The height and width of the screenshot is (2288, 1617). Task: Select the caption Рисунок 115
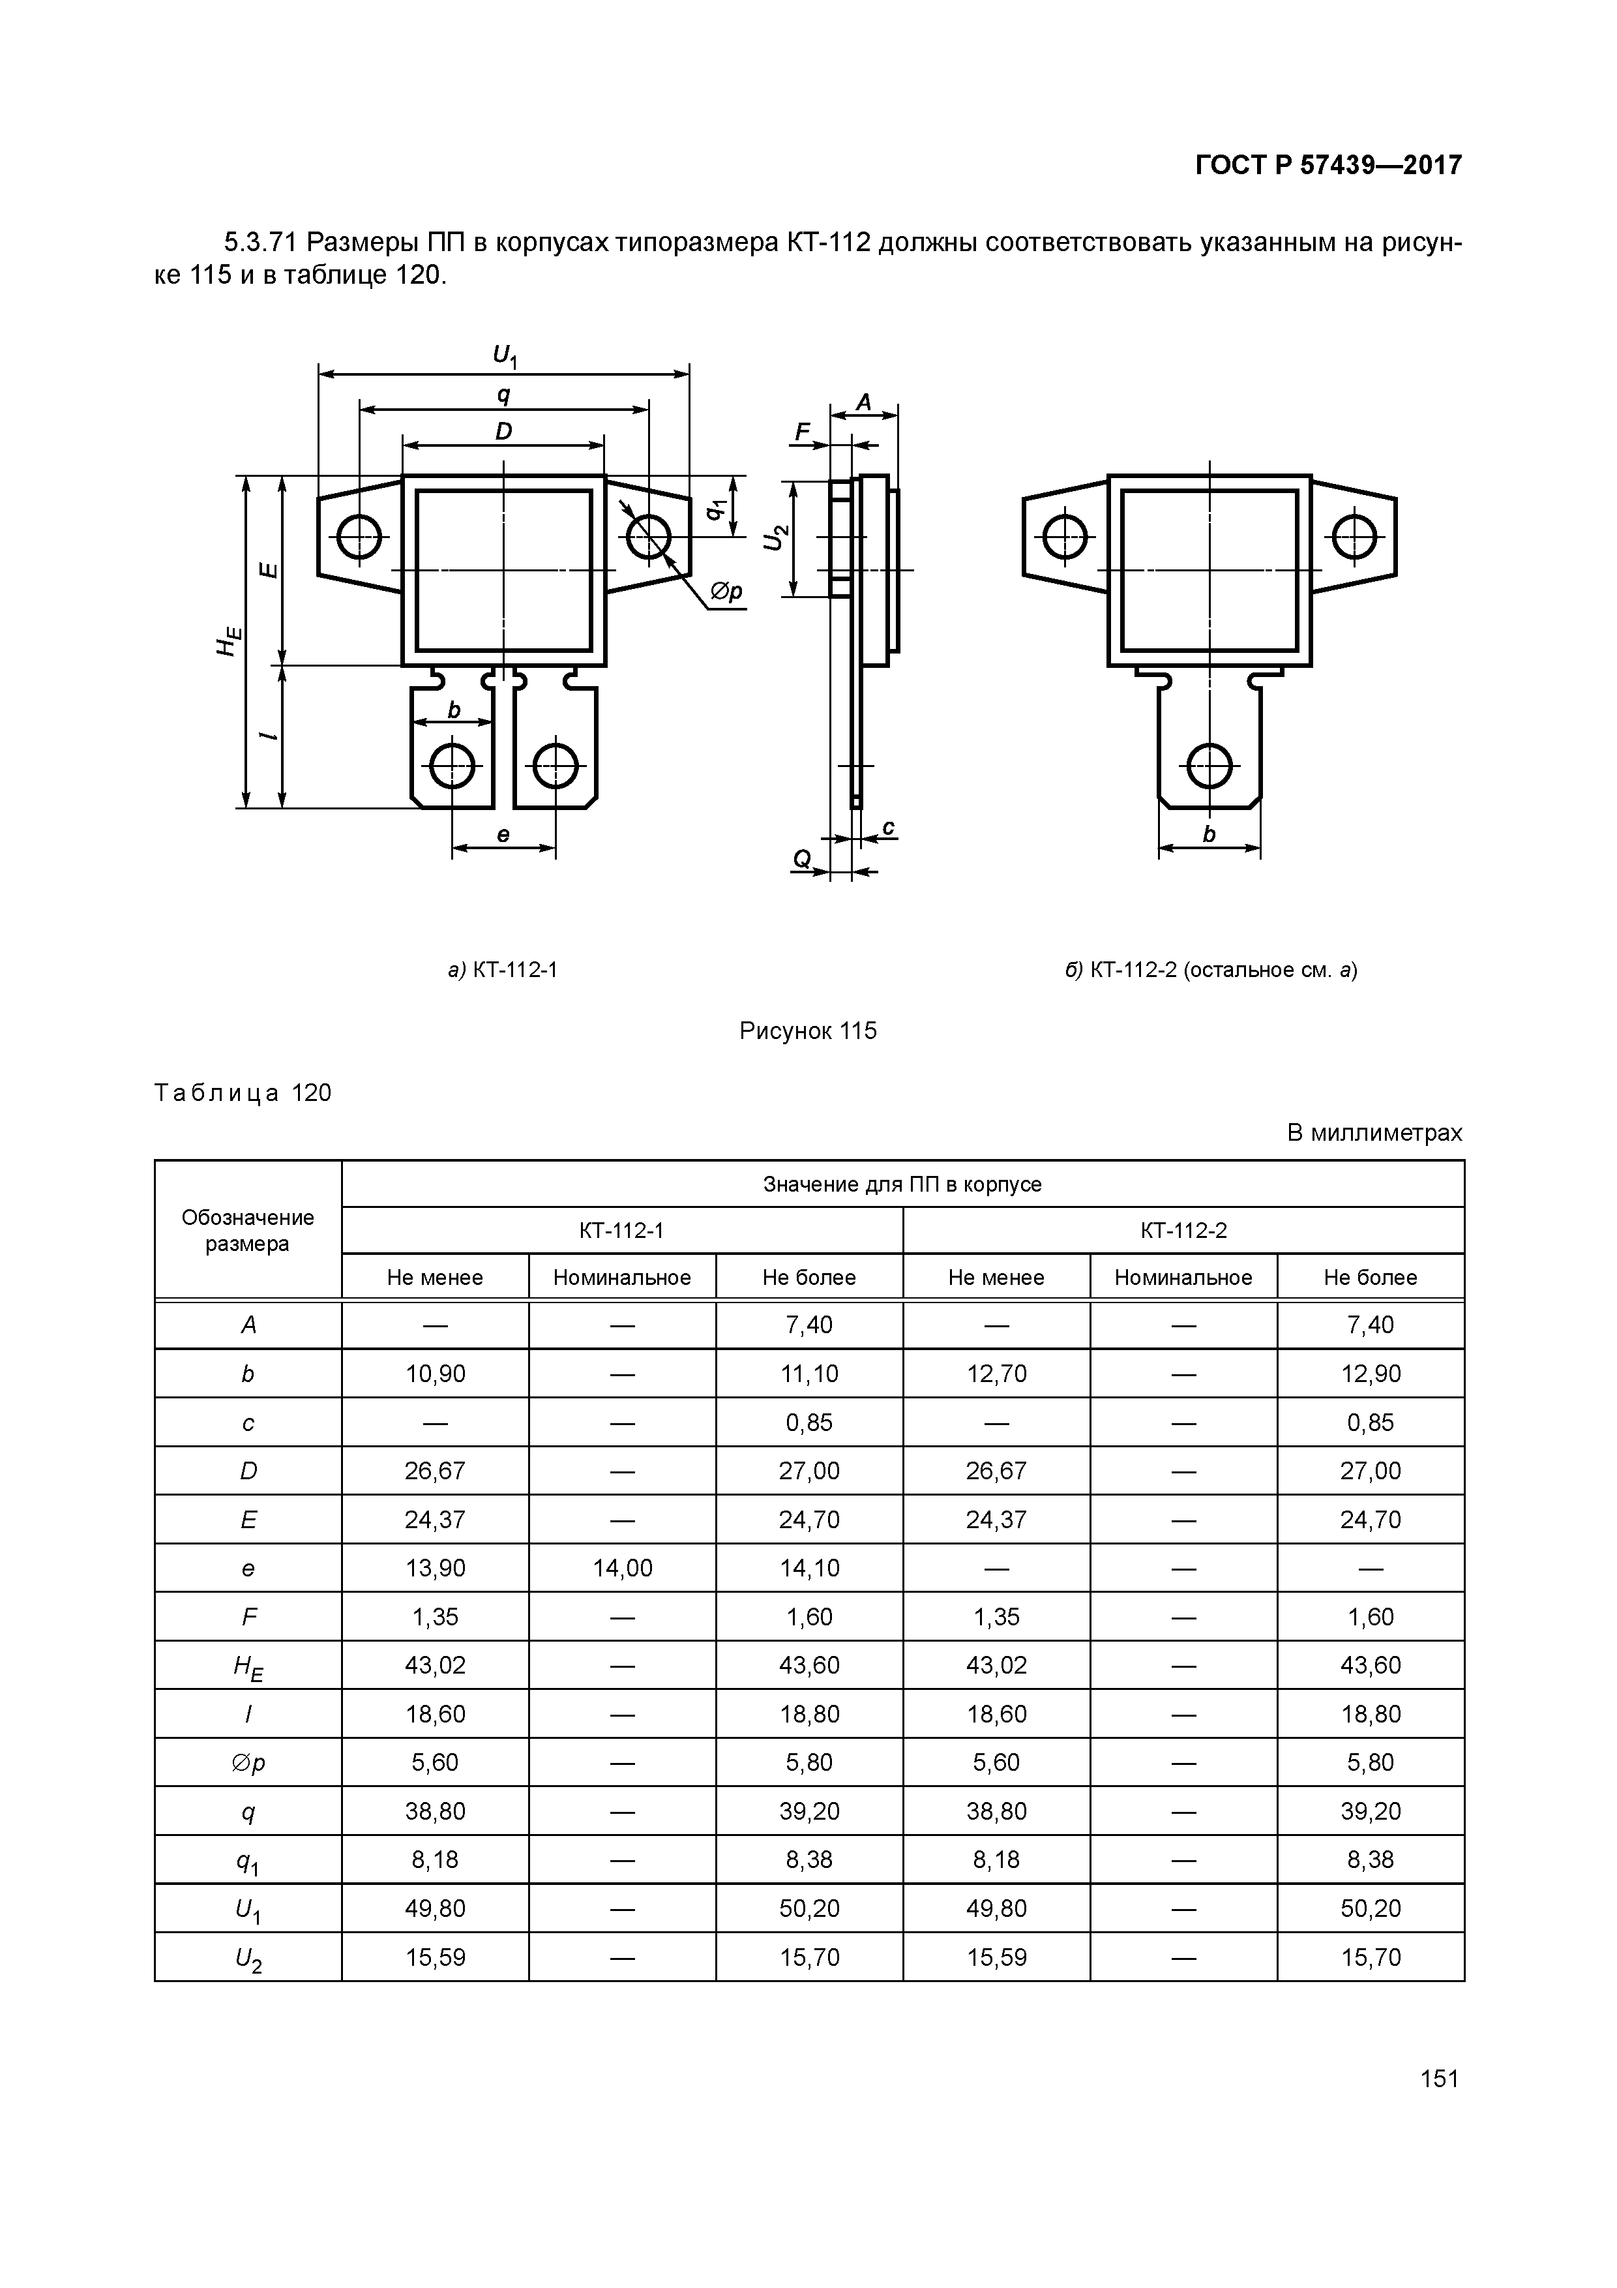tap(807, 1031)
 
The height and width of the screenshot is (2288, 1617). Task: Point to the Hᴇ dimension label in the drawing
tap(228, 640)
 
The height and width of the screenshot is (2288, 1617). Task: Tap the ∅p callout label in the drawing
tap(726, 592)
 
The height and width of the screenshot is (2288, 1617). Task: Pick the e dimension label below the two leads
tap(503, 835)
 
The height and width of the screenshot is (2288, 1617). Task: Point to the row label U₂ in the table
tap(248, 1958)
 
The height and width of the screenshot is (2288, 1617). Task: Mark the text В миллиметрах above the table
tap(1374, 1133)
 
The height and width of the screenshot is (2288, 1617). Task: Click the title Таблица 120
tap(243, 1093)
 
